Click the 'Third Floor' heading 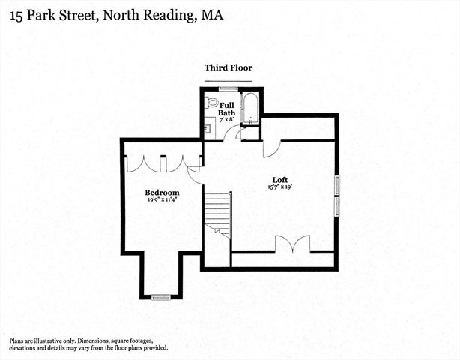coord(229,67)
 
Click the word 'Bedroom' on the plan coord(162,193)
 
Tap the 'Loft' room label coord(280,179)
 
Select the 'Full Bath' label coord(228,109)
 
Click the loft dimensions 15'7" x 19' coord(280,187)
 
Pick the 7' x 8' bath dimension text coord(228,120)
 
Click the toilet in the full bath coord(212,103)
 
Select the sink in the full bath coord(209,128)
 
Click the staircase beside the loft coord(217,214)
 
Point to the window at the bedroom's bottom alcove coord(161,298)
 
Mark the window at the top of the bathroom coord(218,89)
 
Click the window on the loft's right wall coord(337,195)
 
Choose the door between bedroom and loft coord(195,175)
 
